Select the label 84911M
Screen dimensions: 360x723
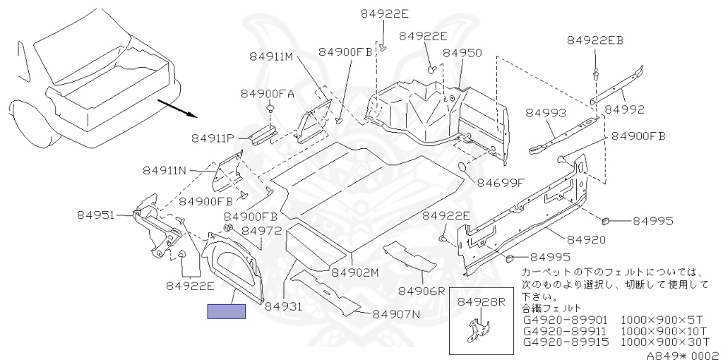270,56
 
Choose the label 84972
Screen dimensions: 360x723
262,230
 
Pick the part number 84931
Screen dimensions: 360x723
283,306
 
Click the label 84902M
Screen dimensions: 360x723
355,272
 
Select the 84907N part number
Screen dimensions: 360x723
396,313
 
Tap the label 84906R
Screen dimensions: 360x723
422,290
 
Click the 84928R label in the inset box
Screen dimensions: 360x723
482,302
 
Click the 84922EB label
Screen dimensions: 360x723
595,40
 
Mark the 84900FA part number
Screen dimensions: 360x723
267,93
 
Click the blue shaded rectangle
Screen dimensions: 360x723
226,311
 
